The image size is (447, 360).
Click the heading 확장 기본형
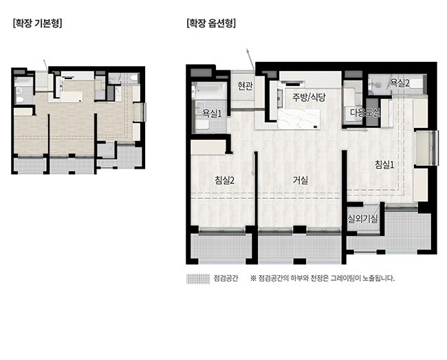coord(37,23)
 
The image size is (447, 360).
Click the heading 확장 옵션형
coord(211,23)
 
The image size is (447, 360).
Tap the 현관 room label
coord(246,86)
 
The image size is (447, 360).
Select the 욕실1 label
coord(212,114)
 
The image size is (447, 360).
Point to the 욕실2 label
coord(400,83)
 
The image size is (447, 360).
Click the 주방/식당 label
coord(309,98)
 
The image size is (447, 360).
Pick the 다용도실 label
coord(365,113)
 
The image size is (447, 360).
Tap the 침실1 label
coord(384,165)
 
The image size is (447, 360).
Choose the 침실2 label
coord(225,180)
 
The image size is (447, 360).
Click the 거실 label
coord(301,180)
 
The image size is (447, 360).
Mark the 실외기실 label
coord(362,219)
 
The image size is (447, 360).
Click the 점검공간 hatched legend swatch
coord(198,279)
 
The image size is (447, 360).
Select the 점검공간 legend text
coord(226,278)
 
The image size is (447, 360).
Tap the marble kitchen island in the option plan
coord(298,119)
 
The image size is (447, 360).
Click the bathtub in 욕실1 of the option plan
coord(210,90)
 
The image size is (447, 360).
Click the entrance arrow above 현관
coord(250,60)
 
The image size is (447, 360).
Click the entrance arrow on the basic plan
coord(45,65)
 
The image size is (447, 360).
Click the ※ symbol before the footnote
coord(253,278)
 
